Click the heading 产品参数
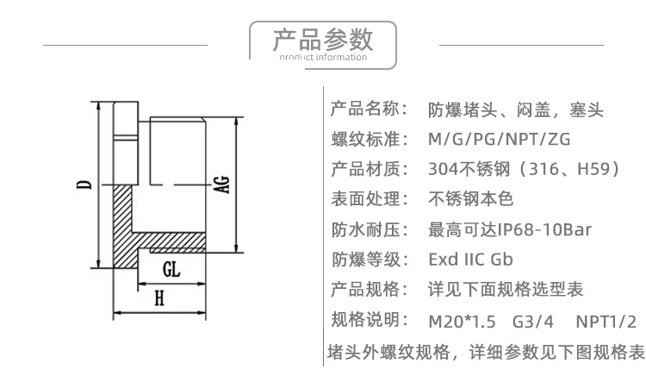click(322, 39)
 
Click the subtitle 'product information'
click(322, 59)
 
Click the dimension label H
click(158, 298)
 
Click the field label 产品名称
click(369, 110)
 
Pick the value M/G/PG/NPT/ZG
click(499, 140)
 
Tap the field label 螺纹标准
click(369, 140)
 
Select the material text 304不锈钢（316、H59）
click(524, 169)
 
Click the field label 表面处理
click(369, 199)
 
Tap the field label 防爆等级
click(369, 259)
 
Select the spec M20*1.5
click(462, 322)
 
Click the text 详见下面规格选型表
click(506, 289)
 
